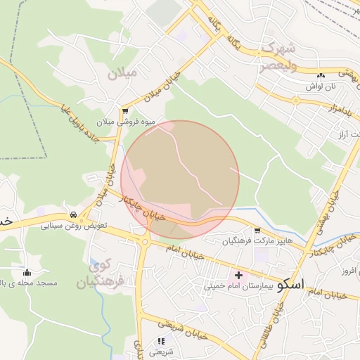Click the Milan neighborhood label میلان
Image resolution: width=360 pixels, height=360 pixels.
point(123,72)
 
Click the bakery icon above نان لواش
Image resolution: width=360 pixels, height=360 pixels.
point(321,75)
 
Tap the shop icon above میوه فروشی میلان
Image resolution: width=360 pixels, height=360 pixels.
point(125,111)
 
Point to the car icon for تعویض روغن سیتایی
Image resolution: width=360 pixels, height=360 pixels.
point(73,215)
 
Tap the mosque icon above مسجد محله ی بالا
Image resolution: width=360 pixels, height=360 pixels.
point(27,273)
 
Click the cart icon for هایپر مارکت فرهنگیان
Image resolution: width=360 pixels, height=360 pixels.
point(257,231)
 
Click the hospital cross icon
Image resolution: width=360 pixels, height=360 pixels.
point(238,275)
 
